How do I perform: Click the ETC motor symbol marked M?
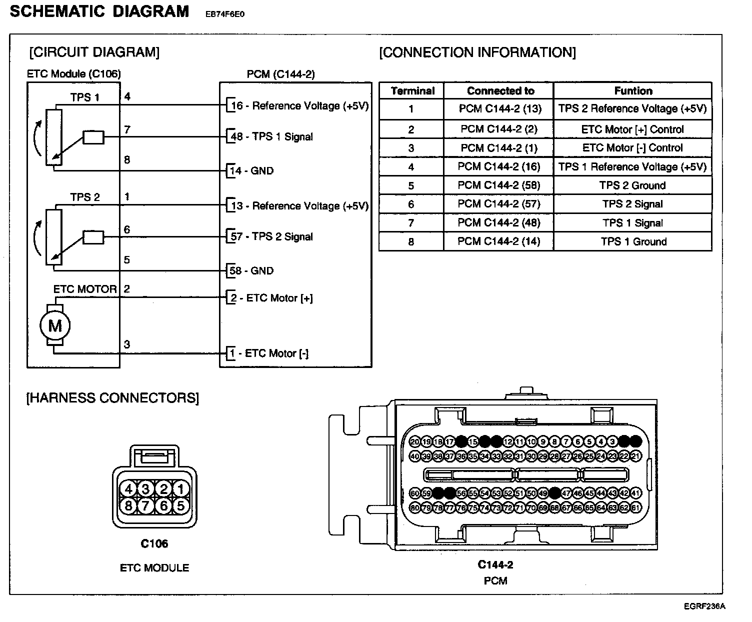pyautogui.click(x=55, y=326)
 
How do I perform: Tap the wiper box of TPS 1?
pyautogui.click(x=93, y=137)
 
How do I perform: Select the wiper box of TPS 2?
pyautogui.click(x=93, y=237)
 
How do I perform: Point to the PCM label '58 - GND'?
pyautogui.click(x=251, y=271)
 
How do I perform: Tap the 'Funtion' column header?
pyautogui.click(x=633, y=91)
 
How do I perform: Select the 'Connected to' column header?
pyautogui.click(x=500, y=91)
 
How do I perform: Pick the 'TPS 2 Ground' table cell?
pyautogui.click(x=633, y=185)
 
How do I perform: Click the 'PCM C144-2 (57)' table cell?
pyautogui.click(x=499, y=204)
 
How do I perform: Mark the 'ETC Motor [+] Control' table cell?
pyautogui.click(x=632, y=129)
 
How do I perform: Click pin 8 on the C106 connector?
pyautogui.click(x=129, y=505)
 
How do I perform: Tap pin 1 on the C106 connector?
pyautogui.click(x=180, y=489)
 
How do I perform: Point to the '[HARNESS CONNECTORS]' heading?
pyautogui.click(x=112, y=398)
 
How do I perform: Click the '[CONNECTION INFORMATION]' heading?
pyautogui.click(x=477, y=52)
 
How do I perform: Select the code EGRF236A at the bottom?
pyautogui.click(x=704, y=606)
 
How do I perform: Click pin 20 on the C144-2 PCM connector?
pyautogui.click(x=415, y=441)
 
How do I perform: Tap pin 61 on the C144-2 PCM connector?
pyautogui.click(x=635, y=508)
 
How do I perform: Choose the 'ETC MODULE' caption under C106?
pyautogui.click(x=154, y=568)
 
